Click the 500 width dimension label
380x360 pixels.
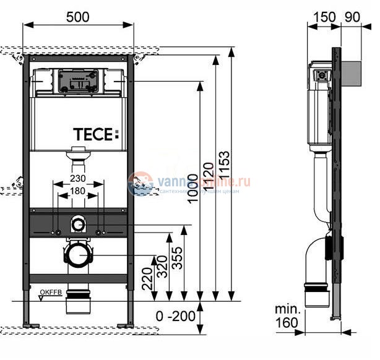(x=77, y=17)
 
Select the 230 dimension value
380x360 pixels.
(x=77, y=179)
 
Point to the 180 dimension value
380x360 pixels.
(x=77, y=191)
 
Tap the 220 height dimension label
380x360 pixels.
(x=147, y=278)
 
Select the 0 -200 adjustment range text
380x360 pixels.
(x=175, y=316)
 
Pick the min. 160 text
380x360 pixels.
(x=288, y=315)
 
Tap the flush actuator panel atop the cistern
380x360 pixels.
(x=77, y=81)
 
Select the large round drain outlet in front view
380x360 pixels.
(x=77, y=253)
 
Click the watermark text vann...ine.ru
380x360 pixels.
(x=204, y=182)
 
